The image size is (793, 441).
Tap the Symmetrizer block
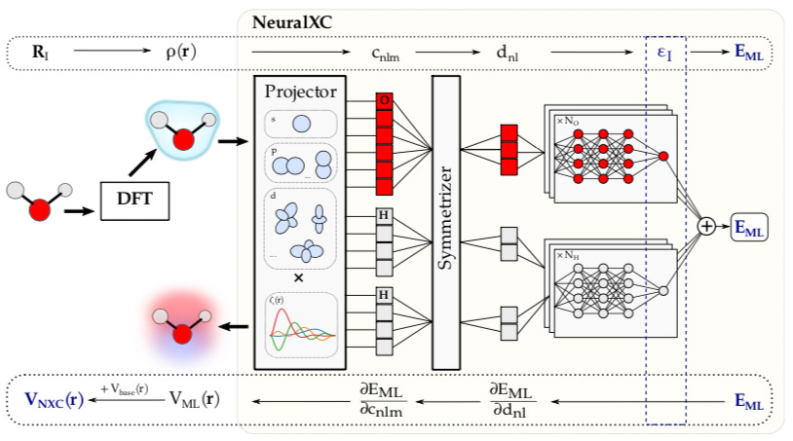tap(445, 222)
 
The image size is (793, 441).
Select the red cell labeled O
tap(385, 101)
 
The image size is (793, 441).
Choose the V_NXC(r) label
tap(55, 398)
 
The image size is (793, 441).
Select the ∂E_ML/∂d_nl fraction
tap(511, 398)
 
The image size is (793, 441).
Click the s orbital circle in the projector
tap(302, 124)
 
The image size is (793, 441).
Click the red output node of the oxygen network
tap(663, 156)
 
